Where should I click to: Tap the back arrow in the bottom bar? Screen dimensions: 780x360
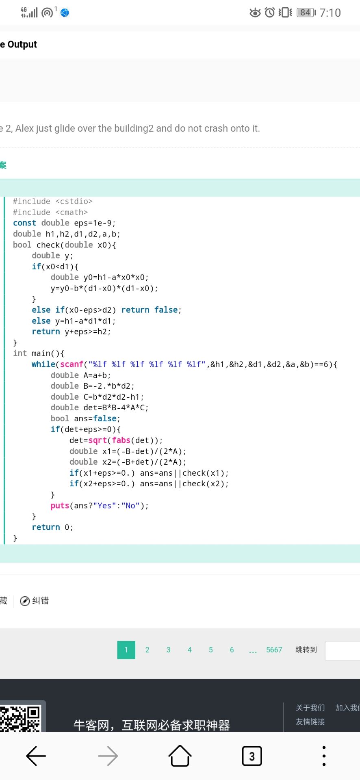tap(36, 756)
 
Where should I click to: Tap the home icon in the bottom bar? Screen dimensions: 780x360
tap(180, 756)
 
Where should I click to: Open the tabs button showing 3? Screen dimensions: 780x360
tap(252, 756)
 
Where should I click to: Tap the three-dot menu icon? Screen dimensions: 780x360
tap(324, 756)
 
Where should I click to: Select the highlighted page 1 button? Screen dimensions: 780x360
tap(126, 650)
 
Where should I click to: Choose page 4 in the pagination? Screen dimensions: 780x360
tap(189, 650)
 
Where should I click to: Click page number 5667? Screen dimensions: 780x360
tap(274, 650)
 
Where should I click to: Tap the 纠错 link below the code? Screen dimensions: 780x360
tap(40, 600)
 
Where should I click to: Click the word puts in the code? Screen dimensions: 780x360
tap(60, 505)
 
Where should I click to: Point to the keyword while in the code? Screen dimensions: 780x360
tap(43, 364)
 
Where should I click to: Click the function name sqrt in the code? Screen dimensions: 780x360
tap(98, 440)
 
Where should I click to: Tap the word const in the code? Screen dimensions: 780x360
tap(24, 223)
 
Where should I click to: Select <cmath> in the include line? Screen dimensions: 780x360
tap(72, 212)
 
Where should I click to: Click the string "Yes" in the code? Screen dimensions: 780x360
tap(104, 505)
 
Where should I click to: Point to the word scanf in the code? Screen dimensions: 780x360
tap(72, 364)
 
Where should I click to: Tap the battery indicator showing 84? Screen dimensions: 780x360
tap(306, 13)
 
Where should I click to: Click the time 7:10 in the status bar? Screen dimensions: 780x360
tap(330, 13)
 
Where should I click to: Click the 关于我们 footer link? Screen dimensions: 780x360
tap(310, 708)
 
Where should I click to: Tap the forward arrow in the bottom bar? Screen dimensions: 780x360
tap(108, 756)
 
